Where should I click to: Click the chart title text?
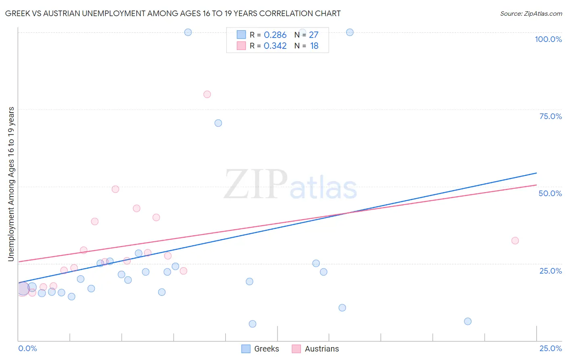pyautogui.click(x=173, y=13)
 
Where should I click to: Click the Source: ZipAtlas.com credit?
pyautogui.click(x=531, y=13)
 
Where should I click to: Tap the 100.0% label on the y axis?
pyautogui.click(x=548, y=39)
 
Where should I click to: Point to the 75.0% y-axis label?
pyautogui.click(x=550, y=116)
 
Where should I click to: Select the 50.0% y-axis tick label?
pyautogui.click(x=550, y=193)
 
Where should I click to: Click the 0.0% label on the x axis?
pyautogui.click(x=27, y=348)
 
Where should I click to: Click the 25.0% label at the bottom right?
pyautogui.click(x=550, y=348)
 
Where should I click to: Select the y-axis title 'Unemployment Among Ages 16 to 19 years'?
pyautogui.click(x=11, y=184)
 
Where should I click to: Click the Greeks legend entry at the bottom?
pyautogui.click(x=266, y=349)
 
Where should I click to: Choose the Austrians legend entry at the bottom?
pyautogui.click(x=321, y=349)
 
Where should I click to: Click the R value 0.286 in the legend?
pyautogui.click(x=275, y=35)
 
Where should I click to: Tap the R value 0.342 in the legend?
pyautogui.click(x=275, y=46)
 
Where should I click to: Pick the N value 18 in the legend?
pyautogui.click(x=314, y=46)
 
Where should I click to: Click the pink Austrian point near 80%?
pyautogui.click(x=207, y=94)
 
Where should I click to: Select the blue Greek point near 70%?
pyautogui.click(x=218, y=123)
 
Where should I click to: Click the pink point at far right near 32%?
pyautogui.click(x=515, y=241)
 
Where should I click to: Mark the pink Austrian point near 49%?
pyautogui.click(x=115, y=189)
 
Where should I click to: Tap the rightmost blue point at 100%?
pyautogui.click(x=350, y=32)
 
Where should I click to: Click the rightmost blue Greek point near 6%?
pyautogui.click(x=468, y=321)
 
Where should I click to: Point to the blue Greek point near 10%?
pyautogui.click(x=342, y=308)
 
